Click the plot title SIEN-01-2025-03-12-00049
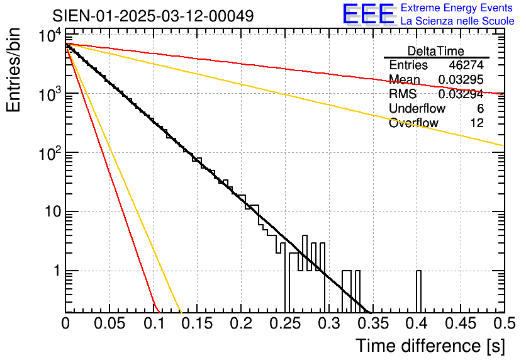(x=153, y=16)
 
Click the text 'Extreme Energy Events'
(x=457, y=8)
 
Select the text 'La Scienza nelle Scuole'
(x=457, y=21)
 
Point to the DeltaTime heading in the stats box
(x=436, y=51)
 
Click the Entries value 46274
(x=466, y=65)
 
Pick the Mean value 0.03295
(x=461, y=80)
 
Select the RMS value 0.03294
(x=461, y=94)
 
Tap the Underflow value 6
(x=480, y=109)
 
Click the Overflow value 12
(x=477, y=123)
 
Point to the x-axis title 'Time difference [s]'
(x=428, y=346)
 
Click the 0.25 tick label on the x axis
(x=284, y=323)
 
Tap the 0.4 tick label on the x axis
(x=416, y=323)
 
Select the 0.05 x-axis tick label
(x=109, y=323)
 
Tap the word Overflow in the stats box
(x=413, y=123)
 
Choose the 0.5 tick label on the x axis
(x=503, y=323)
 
